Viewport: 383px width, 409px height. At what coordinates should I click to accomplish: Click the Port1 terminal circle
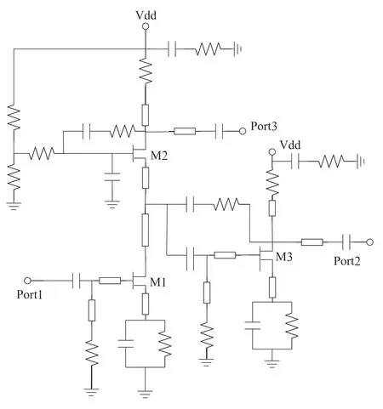coord(27,281)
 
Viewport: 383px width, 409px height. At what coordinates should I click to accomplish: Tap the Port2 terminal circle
coord(369,242)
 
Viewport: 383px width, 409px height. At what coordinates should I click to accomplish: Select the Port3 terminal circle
coord(243,131)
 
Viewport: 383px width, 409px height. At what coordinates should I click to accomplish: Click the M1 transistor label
coord(157,282)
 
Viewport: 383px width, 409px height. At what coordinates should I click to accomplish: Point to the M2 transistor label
coord(159,156)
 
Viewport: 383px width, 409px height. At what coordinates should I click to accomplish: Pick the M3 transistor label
coord(284,257)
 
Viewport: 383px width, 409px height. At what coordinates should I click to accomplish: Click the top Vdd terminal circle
coord(146,26)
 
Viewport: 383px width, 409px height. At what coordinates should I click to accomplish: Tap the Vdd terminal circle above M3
coord(272,152)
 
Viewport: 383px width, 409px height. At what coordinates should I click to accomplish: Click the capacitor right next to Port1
coord(77,281)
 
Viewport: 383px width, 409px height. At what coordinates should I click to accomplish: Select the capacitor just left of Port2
coord(346,242)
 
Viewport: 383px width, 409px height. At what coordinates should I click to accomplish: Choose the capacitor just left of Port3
coord(219,131)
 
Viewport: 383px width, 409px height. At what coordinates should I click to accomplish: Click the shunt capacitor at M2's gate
coord(112,177)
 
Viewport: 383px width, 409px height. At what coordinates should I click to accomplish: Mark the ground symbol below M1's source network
coord(145,394)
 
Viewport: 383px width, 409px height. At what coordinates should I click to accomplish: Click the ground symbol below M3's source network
coord(272,363)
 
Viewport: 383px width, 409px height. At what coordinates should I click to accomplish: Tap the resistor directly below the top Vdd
coord(146,71)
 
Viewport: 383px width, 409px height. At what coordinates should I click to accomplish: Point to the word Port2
coord(347,261)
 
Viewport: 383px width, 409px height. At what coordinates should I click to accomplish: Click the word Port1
coord(30,294)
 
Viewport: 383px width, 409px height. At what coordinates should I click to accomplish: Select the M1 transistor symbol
coord(139,281)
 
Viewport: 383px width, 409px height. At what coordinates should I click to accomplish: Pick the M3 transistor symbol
coord(266,255)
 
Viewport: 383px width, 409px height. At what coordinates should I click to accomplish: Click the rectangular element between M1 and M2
coord(145,230)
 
